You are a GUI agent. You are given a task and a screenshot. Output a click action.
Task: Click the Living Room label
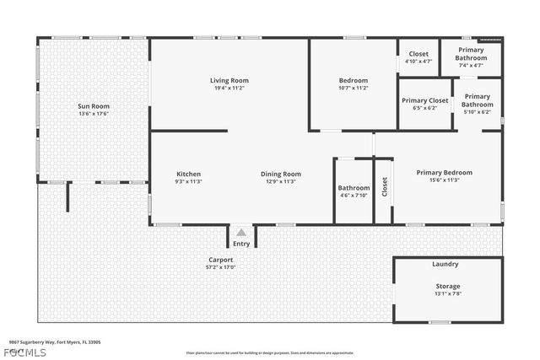click(229, 81)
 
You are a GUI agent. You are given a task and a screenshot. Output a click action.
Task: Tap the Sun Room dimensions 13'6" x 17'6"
click(94, 113)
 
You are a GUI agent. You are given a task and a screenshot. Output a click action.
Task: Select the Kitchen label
click(188, 174)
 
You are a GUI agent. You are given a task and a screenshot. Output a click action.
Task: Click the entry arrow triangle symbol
click(241, 233)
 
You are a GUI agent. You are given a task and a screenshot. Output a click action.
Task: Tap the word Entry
click(241, 244)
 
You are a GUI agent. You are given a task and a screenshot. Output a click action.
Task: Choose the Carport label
click(221, 260)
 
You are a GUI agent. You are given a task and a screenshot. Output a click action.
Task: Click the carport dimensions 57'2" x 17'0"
click(221, 267)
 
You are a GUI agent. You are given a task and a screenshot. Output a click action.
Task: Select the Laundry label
click(445, 264)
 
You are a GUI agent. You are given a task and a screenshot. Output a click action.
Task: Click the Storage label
click(448, 287)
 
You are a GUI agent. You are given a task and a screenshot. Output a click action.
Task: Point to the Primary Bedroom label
click(444, 172)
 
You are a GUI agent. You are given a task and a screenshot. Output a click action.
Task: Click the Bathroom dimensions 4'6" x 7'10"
click(354, 196)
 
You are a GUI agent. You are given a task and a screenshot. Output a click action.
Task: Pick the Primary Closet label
click(424, 100)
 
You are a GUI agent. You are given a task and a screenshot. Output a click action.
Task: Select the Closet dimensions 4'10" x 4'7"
click(418, 62)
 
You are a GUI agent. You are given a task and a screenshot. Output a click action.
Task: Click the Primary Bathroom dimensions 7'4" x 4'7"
click(471, 65)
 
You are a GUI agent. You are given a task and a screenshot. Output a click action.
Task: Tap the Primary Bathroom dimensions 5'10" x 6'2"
click(477, 111)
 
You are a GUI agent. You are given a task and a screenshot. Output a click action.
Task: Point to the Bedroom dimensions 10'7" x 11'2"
click(353, 88)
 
